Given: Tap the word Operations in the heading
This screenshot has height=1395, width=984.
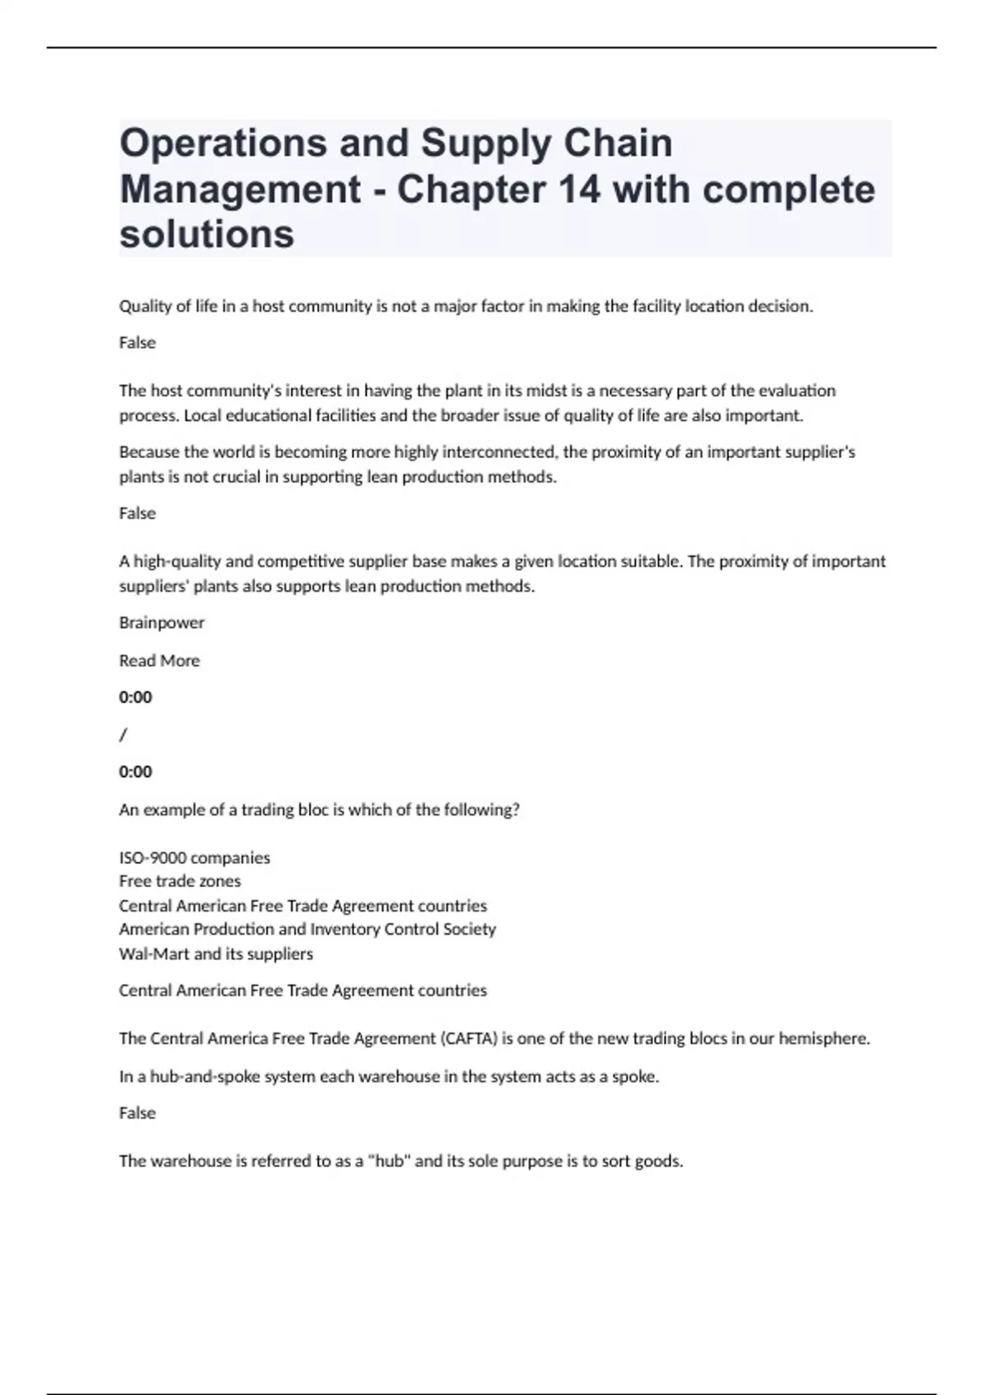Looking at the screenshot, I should (x=223, y=144).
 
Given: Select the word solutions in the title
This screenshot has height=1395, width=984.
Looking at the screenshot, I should (x=207, y=235).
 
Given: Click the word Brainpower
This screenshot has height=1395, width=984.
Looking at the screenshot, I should (x=162, y=623).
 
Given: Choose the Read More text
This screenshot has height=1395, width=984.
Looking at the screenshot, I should (x=159, y=661).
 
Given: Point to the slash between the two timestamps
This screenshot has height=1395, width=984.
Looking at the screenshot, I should (x=123, y=734).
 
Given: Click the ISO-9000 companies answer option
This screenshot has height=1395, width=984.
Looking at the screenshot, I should (x=194, y=858).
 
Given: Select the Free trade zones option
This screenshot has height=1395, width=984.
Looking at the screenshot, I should (x=180, y=881).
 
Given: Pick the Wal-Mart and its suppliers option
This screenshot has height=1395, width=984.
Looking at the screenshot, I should (x=216, y=954).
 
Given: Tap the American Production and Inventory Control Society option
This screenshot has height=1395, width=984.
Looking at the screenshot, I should (x=307, y=929).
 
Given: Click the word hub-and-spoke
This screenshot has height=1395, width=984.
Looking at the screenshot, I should (x=199, y=1077).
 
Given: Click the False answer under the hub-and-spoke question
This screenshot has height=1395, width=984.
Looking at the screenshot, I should (x=137, y=1114).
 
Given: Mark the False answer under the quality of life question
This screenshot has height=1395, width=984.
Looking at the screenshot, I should (x=137, y=343).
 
